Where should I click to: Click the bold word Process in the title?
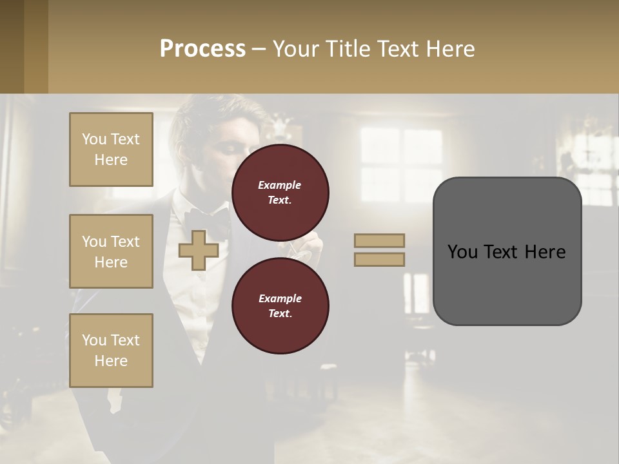point(202,49)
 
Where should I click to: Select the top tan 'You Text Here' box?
point(111,150)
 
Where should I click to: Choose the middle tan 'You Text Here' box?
point(111,251)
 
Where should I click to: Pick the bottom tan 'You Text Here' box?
point(111,351)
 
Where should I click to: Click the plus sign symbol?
point(199,250)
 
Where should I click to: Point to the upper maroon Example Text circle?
point(280,192)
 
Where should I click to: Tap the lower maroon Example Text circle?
point(280,305)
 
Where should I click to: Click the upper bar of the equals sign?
point(379,240)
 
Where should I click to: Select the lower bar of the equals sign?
point(379,259)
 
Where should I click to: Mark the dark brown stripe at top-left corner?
point(12,46)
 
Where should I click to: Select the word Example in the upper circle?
point(280,185)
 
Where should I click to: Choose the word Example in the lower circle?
point(280,298)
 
